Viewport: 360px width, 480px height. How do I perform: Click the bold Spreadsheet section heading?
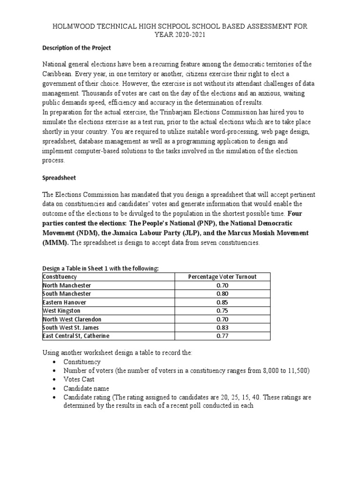pyautogui.click(x=59, y=179)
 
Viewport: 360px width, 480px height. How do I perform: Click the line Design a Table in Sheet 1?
pyautogui.click(x=100, y=268)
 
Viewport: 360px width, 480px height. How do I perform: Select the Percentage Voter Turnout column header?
pyautogui.click(x=222, y=277)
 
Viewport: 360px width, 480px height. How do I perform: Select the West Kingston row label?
pyautogui.click(x=61, y=310)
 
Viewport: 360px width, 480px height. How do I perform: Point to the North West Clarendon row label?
pyautogui.click(x=72, y=319)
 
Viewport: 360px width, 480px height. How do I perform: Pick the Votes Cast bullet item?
pyautogui.click(x=79, y=379)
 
